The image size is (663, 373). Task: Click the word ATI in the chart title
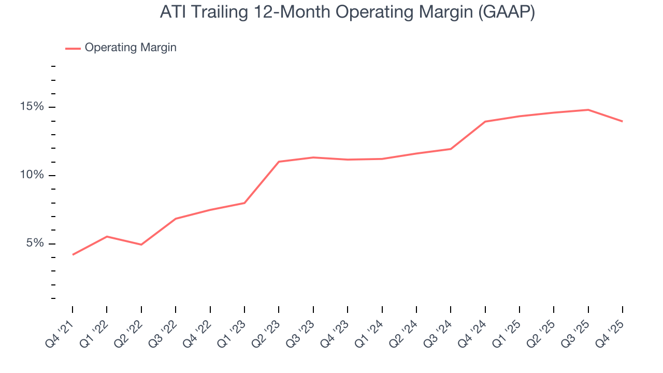[x=171, y=12]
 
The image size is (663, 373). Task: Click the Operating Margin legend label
[x=131, y=48]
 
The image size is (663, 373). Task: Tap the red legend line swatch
[x=73, y=48]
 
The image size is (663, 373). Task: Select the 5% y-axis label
[x=35, y=243]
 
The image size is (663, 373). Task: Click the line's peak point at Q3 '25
[x=588, y=110]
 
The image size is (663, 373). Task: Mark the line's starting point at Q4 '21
[x=73, y=254]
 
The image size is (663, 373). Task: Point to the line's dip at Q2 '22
[x=141, y=245]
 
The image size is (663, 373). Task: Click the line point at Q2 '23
[x=279, y=162]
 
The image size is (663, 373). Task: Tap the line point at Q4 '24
[x=485, y=121]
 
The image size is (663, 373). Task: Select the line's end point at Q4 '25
[x=622, y=121]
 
